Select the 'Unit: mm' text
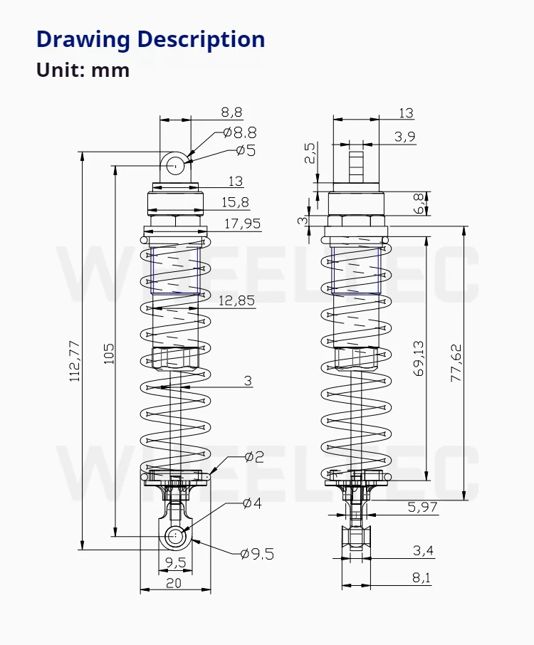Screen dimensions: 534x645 point(83,70)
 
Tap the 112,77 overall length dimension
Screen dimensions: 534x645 point(75,362)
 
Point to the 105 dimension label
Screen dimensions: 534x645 point(108,353)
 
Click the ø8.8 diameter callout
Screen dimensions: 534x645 point(240,132)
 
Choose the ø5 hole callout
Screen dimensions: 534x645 point(246,150)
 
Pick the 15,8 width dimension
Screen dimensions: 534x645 point(236,202)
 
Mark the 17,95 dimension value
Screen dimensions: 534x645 point(242,224)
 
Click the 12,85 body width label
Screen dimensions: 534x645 point(236,300)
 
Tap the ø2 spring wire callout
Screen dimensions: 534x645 point(254,456)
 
